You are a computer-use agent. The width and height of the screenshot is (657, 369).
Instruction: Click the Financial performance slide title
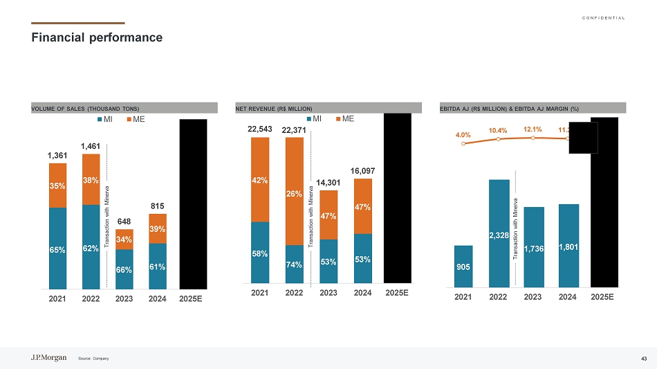[97, 37]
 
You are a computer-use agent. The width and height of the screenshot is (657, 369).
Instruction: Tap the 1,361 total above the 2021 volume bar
[58, 156]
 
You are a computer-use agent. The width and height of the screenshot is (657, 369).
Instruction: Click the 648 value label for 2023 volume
[124, 222]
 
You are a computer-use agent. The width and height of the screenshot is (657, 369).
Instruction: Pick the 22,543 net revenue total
[259, 129]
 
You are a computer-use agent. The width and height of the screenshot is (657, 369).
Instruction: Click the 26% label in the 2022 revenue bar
[294, 194]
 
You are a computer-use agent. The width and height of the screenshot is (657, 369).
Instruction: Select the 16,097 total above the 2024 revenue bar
[363, 170]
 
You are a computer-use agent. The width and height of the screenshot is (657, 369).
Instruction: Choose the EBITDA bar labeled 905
[463, 266]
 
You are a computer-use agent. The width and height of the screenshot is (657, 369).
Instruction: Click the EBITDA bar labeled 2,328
[499, 233]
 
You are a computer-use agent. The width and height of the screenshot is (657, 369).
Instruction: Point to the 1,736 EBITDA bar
[533, 246]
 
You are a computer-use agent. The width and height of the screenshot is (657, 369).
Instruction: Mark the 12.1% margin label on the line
[533, 129]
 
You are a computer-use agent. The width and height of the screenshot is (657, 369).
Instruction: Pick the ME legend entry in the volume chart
[136, 119]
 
